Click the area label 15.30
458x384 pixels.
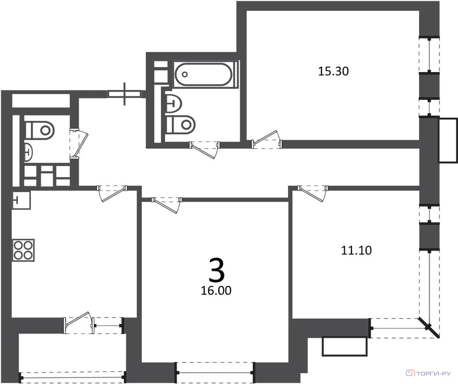333,71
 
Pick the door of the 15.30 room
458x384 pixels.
267,140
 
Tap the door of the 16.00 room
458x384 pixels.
167,204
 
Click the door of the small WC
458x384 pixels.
79,143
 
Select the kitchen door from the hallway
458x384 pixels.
112,193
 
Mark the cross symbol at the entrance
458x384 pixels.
125,93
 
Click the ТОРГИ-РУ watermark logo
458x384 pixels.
429,373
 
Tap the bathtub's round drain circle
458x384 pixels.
185,74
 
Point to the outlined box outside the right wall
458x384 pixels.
448,140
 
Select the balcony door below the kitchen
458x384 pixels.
79,322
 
